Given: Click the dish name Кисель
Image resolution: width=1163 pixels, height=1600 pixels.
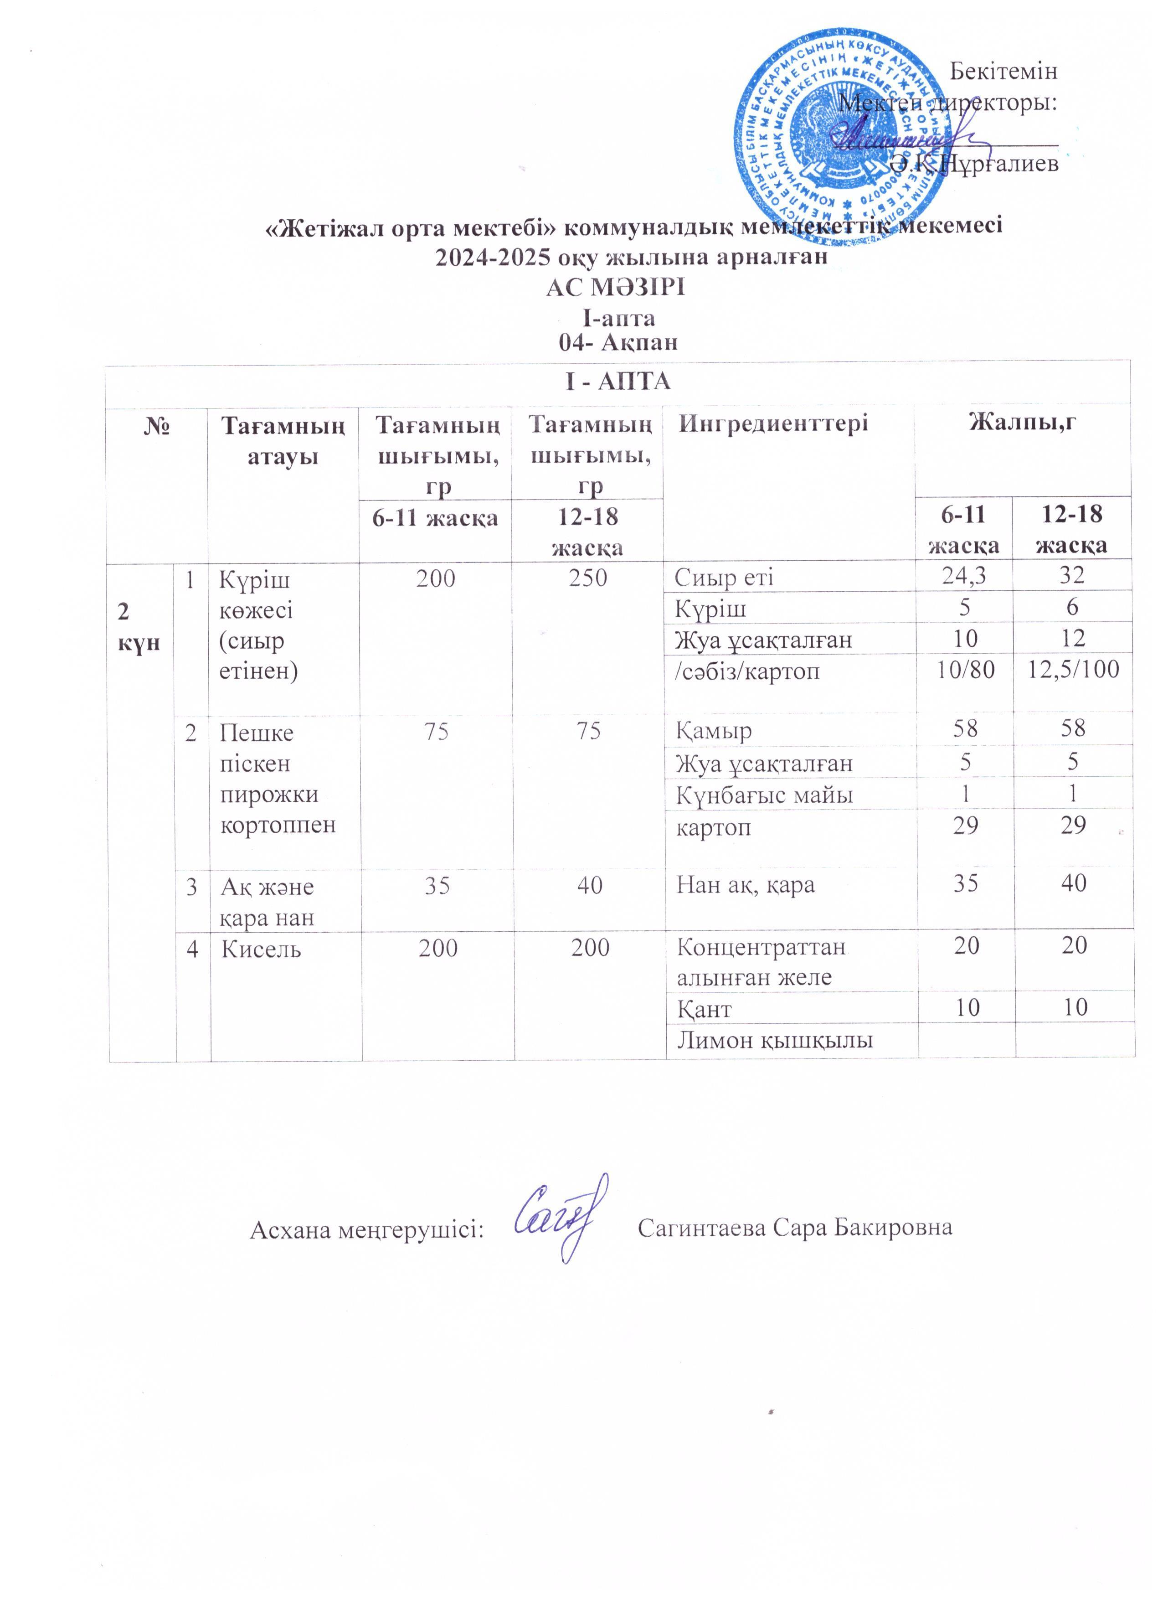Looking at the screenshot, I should coord(261,950).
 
